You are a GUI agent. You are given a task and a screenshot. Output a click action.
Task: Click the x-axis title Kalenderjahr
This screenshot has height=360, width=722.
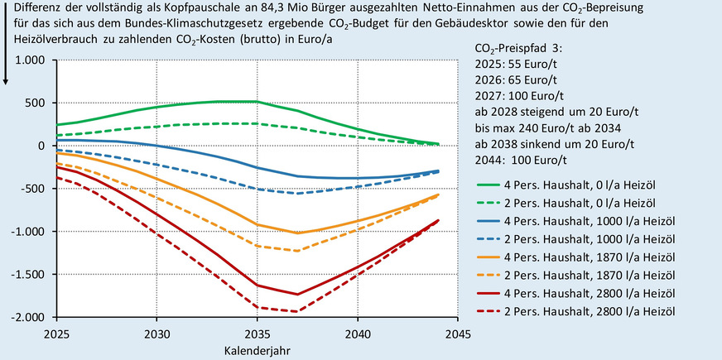click(257, 350)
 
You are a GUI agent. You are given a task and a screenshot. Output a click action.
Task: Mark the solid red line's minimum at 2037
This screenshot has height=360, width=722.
click(297, 294)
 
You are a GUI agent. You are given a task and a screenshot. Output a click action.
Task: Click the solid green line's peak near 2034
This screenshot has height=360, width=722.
click(237, 101)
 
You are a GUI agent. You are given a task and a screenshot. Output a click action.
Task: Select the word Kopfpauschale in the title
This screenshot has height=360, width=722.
click(188, 7)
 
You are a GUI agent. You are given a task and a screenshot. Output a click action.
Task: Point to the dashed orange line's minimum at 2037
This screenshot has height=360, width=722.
click(297, 250)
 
